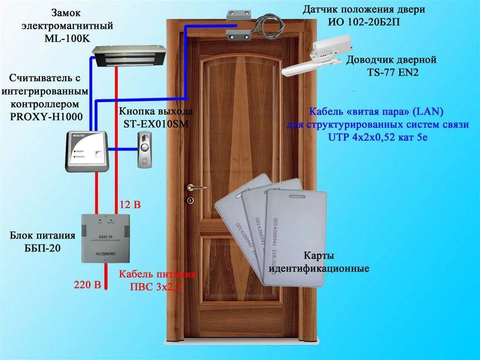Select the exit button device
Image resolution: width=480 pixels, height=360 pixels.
[143, 150]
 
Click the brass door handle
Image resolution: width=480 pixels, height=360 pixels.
[196, 187]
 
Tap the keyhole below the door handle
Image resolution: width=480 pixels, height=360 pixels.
[190, 201]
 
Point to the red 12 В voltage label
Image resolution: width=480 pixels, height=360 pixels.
[130, 204]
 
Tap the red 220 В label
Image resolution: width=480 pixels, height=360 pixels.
[88, 285]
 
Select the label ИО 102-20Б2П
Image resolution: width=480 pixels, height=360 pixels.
[364, 22]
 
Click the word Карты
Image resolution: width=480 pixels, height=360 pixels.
[319, 256]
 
